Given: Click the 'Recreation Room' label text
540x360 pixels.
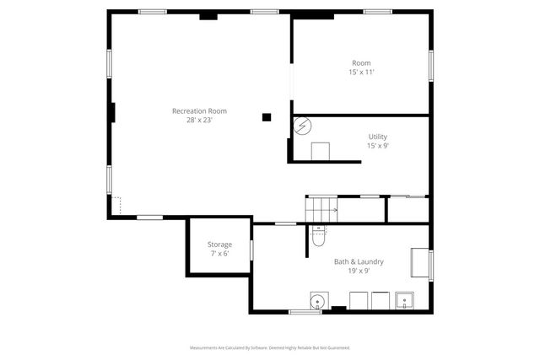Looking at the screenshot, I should tap(199, 111).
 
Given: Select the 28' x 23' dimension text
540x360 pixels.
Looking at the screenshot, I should tap(199, 120).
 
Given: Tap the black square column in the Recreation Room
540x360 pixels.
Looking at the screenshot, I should tap(267, 117).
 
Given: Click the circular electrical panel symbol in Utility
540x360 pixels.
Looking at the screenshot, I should tap(302, 126).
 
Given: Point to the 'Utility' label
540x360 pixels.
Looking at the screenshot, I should tap(377, 137).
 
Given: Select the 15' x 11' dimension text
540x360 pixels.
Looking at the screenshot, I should tap(360, 73).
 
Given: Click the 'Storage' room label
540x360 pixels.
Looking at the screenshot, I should tap(219, 244).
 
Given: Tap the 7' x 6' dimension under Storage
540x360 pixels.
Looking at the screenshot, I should tap(219, 253).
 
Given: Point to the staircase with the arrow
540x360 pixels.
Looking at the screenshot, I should tap(321, 209).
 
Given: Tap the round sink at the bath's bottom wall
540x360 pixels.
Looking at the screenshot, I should tap(318, 301).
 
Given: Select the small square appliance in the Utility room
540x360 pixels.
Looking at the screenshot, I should tap(320, 151).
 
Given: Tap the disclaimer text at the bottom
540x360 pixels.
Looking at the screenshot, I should tap(269, 347).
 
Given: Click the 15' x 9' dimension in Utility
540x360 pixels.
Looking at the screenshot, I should tap(377, 146).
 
